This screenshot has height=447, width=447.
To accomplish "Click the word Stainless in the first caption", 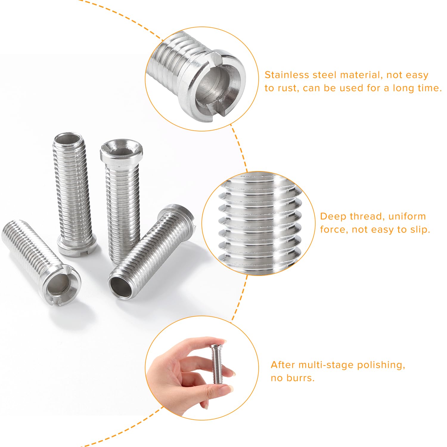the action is point(287,75).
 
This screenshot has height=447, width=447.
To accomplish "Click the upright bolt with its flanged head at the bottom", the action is point(74,194).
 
